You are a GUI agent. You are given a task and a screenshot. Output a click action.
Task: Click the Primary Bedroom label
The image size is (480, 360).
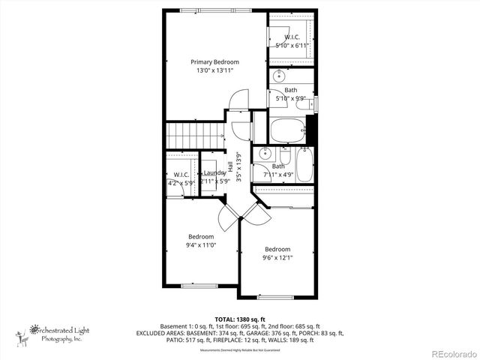pyautogui.click(x=214, y=61)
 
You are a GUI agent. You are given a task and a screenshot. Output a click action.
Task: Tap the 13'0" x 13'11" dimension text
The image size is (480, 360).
pyautogui.click(x=214, y=70)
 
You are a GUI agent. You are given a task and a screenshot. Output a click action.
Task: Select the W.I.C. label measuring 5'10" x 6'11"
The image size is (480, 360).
pyautogui.click(x=292, y=37)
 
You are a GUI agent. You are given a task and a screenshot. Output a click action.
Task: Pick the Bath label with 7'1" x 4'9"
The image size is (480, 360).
pyautogui.click(x=278, y=166)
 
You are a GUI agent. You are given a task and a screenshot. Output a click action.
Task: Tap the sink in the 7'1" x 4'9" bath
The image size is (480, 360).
pyautogui.click(x=264, y=154)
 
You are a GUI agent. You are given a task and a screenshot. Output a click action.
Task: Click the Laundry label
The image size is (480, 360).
pyautogui.click(x=214, y=173)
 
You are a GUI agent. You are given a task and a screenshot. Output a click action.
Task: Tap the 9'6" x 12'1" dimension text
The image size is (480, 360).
pyautogui.click(x=277, y=258)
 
